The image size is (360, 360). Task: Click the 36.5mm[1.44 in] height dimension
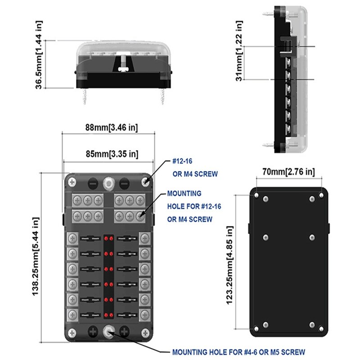click(39, 54)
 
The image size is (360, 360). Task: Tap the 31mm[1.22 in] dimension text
click(239, 51)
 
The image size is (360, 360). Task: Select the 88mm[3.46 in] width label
click(111, 127)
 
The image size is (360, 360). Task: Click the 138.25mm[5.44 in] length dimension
click(36, 257)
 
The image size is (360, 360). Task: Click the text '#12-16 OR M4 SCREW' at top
click(195, 167)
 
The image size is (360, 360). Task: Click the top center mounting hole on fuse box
click(108, 183)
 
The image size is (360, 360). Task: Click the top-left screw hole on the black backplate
click(256, 196)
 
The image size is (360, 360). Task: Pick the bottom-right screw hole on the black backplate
click(321, 327)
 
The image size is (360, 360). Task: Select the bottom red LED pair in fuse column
click(108, 314)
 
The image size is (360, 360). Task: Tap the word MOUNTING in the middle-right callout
click(184, 193)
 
